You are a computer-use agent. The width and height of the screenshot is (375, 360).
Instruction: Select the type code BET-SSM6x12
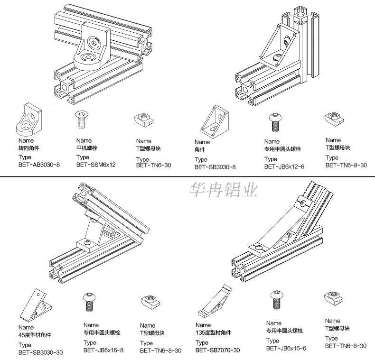96,165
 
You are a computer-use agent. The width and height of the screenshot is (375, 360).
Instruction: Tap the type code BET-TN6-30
153,166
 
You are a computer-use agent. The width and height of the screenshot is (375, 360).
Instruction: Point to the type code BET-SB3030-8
215,167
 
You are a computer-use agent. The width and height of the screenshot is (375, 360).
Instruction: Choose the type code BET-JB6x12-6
284,166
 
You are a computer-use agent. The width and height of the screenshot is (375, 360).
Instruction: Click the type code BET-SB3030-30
40,352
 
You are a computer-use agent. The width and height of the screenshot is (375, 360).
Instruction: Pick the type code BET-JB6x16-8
103,350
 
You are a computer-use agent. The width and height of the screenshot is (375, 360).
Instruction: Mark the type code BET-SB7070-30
217,350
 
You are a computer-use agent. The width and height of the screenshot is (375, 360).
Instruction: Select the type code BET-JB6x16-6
286,348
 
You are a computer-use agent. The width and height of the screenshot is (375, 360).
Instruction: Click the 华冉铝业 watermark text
223,191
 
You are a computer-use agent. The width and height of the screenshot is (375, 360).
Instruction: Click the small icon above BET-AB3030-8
29,119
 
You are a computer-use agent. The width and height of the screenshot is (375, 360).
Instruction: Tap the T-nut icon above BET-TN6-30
144,119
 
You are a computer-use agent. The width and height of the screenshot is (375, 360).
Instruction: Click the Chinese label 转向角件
29,148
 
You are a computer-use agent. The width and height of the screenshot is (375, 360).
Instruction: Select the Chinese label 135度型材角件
213,333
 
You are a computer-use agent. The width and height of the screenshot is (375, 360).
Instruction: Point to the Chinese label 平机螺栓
87,148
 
